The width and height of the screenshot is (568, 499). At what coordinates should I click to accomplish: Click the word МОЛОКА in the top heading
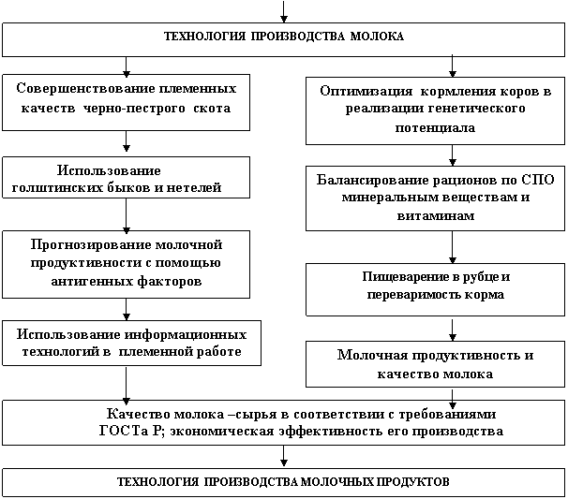pos(377,37)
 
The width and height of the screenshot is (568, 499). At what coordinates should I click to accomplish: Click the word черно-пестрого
pos(134,109)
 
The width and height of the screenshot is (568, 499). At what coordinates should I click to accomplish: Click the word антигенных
pos(89,281)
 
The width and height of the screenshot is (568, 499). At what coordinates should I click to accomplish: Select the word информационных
pos(186,335)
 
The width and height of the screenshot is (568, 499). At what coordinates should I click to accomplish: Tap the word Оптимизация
pos(366,91)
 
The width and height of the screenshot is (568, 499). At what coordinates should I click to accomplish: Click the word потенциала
pos(435,127)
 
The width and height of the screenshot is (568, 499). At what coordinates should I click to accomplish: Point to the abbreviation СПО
pos(538,180)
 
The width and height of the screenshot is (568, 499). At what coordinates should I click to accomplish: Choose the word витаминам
pos(436,216)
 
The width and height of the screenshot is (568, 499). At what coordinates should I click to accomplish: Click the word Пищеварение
pos(404,277)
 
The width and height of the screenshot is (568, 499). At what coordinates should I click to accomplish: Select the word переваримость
pos(412,295)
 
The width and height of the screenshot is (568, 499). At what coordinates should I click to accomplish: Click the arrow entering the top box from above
pos(284,11)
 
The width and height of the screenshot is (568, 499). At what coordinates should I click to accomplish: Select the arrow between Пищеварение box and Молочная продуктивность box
pos(452,330)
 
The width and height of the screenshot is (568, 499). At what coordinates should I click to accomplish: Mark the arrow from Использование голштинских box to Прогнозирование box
pos(126,215)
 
